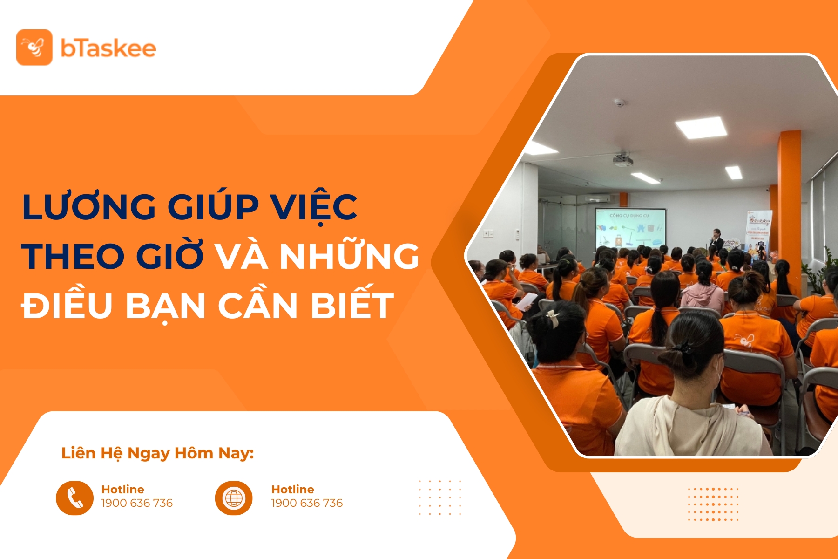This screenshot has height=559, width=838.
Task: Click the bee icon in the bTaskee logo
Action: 34,48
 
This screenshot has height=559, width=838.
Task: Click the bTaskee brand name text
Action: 108,48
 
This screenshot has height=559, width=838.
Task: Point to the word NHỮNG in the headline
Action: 349,256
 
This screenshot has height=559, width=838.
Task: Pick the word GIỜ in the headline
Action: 169,256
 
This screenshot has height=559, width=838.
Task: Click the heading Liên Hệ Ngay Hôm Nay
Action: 157,453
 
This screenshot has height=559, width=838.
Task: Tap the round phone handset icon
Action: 74,498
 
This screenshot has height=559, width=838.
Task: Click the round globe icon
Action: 234,498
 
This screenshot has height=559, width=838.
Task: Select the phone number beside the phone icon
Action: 137,503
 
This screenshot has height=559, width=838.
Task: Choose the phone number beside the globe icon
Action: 307,503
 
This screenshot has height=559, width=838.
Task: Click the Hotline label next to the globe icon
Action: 292,489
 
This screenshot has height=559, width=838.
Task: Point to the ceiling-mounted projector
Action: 622,161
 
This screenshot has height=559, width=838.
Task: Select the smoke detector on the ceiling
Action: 619,102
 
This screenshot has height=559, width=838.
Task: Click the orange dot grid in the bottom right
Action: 713,504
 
